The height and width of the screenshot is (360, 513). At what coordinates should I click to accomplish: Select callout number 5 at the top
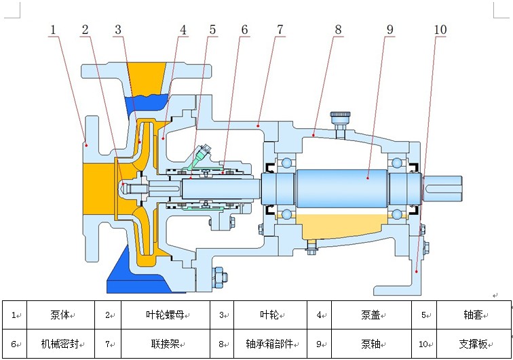click(212, 30)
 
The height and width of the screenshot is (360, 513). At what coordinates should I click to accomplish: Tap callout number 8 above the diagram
click(338, 30)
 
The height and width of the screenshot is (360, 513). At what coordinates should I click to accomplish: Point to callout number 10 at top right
click(440, 30)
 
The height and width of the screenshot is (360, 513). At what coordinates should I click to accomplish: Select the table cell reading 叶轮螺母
click(164, 315)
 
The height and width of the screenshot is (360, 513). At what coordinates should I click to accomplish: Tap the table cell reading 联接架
click(164, 344)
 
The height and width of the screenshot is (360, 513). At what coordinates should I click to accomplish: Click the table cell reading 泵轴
click(370, 344)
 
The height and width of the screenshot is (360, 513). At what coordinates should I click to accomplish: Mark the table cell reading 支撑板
click(472, 344)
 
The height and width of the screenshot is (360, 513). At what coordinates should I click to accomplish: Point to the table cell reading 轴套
click(473, 315)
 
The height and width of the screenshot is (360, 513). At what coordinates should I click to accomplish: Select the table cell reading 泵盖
click(370, 315)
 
